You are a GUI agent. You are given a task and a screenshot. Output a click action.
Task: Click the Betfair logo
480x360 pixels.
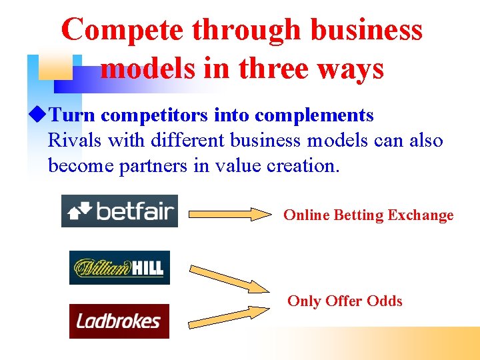coord(119,211)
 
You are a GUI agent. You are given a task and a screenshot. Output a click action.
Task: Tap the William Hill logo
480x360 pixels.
coord(119,267)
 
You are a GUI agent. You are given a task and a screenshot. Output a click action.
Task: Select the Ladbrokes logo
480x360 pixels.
coord(119,321)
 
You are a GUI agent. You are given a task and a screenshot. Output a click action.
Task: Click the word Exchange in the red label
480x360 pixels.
coord(421,215)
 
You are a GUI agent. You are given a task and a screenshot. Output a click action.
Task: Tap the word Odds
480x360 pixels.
coord(385,301)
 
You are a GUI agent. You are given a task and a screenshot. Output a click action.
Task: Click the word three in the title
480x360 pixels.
coord(279,69)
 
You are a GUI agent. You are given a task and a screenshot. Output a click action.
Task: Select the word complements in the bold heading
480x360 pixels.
coord(314,115)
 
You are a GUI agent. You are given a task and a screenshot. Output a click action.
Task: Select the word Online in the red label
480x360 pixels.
coord(306,215)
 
